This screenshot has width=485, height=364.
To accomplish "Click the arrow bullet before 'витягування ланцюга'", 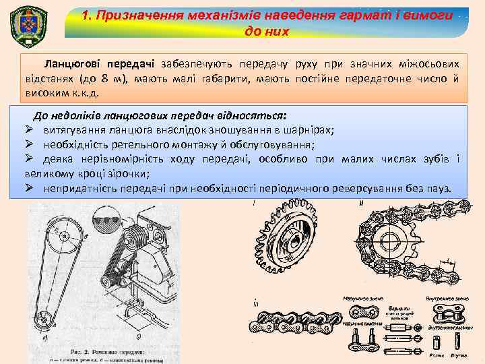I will [30, 129].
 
